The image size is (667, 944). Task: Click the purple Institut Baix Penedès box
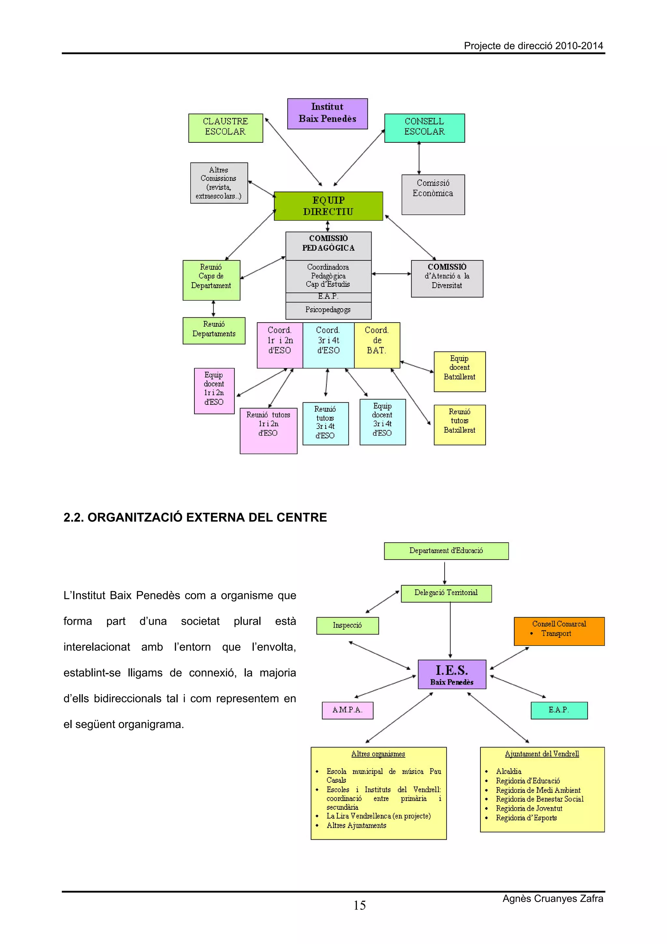327,113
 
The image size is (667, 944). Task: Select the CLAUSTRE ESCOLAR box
225,128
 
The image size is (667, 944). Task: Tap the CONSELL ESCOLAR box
424,128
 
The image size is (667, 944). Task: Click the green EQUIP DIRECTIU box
328,206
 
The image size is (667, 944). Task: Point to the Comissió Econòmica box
433,194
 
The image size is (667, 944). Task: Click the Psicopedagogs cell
328,310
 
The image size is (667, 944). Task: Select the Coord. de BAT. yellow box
376,344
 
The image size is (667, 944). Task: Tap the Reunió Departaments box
214,330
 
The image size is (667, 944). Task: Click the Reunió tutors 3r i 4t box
325,423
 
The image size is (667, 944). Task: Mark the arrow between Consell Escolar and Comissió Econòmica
419,158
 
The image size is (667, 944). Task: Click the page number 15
359,905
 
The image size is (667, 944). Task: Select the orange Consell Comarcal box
559,631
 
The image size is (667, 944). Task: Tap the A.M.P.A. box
347,710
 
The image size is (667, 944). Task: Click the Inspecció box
347,625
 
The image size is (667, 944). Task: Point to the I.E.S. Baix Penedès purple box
452,674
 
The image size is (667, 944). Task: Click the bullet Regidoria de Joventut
529,808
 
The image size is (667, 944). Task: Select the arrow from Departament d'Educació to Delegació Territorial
444,572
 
